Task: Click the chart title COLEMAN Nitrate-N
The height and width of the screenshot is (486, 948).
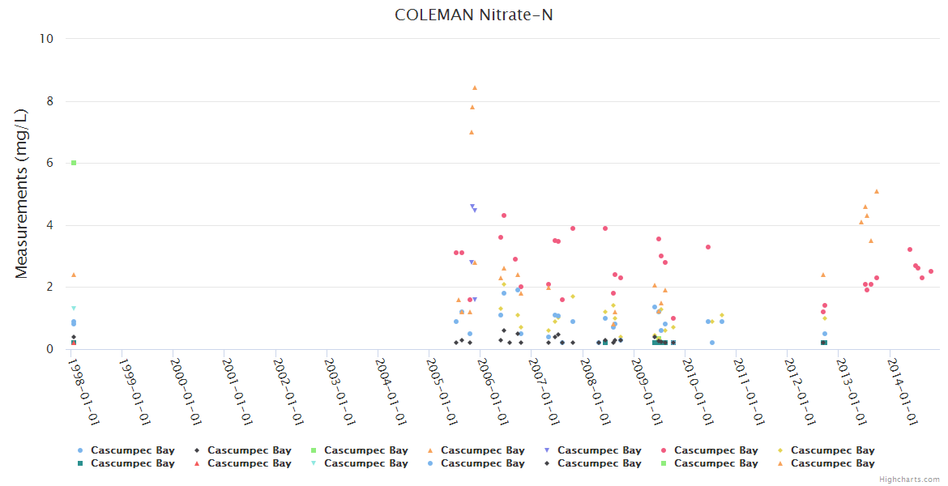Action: click(x=474, y=15)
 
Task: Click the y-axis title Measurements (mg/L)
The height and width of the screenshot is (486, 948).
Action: click(x=22, y=194)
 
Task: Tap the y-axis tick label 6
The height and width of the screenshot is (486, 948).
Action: click(x=49, y=163)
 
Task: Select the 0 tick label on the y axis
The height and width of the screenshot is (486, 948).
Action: click(x=49, y=349)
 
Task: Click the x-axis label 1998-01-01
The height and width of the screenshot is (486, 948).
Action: click(x=83, y=391)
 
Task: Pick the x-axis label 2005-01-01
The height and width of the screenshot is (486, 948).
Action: click(x=441, y=391)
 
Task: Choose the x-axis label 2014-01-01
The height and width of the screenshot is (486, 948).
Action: click(x=901, y=391)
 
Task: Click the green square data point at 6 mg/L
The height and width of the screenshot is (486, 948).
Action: click(x=74, y=163)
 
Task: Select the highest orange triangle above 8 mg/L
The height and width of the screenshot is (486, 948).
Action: click(x=475, y=87)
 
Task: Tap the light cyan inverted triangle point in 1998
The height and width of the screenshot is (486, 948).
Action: click(x=74, y=309)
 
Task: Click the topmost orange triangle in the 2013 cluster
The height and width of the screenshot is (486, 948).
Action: click(x=877, y=191)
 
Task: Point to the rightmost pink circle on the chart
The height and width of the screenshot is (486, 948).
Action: click(x=931, y=271)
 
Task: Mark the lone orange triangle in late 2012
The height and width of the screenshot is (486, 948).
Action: click(x=823, y=275)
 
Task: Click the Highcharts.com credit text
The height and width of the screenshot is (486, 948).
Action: click(x=909, y=480)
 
